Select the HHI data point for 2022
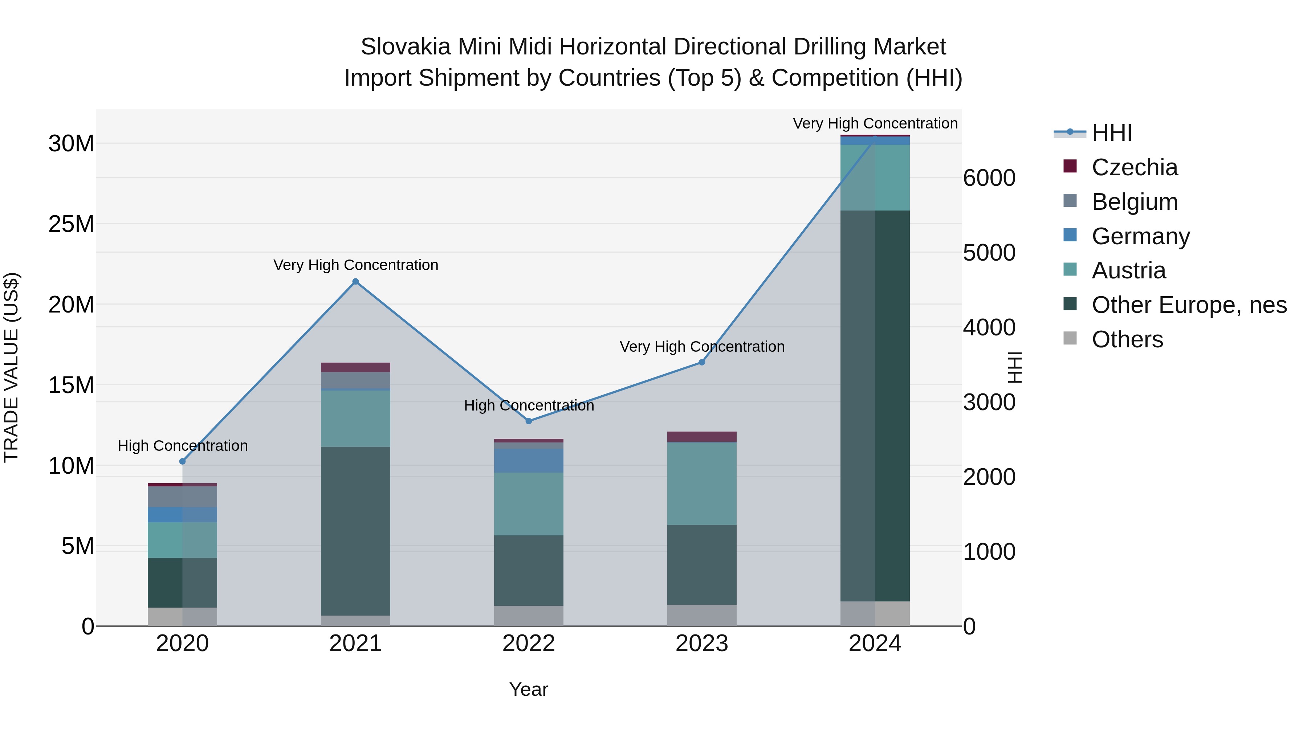click(x=529, y=421)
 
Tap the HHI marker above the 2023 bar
click(x=702, y=362)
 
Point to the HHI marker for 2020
click(x=183, y=461)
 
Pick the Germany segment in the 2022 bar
click(x=529, y=461)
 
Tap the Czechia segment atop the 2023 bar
click(x=702, y=436)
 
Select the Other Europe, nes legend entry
click(x=1189, y=305)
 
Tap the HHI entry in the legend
click(x=1111, y=133)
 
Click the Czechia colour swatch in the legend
click(x=1070, y=166)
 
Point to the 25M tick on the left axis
click(x=71, y=224)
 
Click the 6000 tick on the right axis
click(x=989, y=178)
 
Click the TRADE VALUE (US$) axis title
click(x=11, y=367)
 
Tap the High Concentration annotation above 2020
click(x=183, y=446)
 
